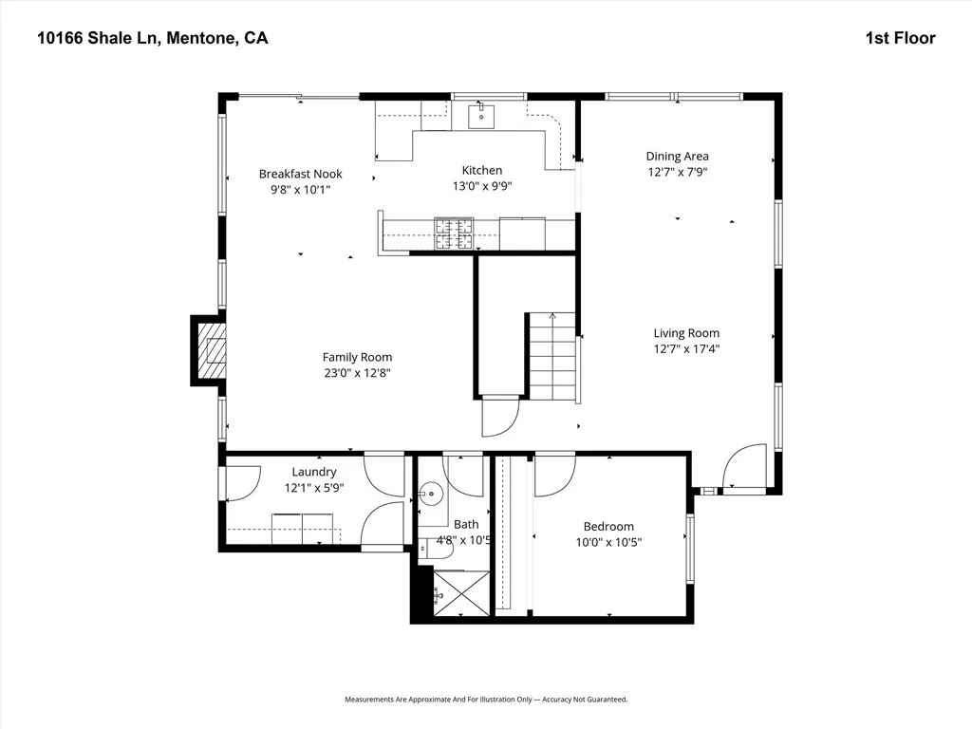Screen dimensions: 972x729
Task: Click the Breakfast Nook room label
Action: click(x=301, y=175)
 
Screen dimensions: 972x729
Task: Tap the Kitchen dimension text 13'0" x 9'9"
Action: click(x=482, y=186)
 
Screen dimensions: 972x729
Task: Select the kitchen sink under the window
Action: click(x=481, y=116)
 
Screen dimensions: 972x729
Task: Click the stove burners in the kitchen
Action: click(x=454, y=234)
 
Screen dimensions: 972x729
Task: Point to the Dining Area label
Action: click(x=678, y=157)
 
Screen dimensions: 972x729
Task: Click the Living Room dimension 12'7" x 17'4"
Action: click(x=687, y=349)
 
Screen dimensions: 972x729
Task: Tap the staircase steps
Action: click(x=552, y=357)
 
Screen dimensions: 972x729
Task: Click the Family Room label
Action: click(x=357, y=357)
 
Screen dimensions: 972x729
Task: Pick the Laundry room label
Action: click(x=314, y=473)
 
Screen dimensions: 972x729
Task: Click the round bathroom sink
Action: click(x=430, y=494)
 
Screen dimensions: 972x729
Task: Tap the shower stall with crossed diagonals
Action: click(x=461, y=593)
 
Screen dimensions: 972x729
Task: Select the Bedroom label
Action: click(x=608, y=527)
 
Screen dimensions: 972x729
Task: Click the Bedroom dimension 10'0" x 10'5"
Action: click(x=608, y=542)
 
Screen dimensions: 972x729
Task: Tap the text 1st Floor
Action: click(x=901, y=38)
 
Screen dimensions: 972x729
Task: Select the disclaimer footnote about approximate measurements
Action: click(x=486, y=700)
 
